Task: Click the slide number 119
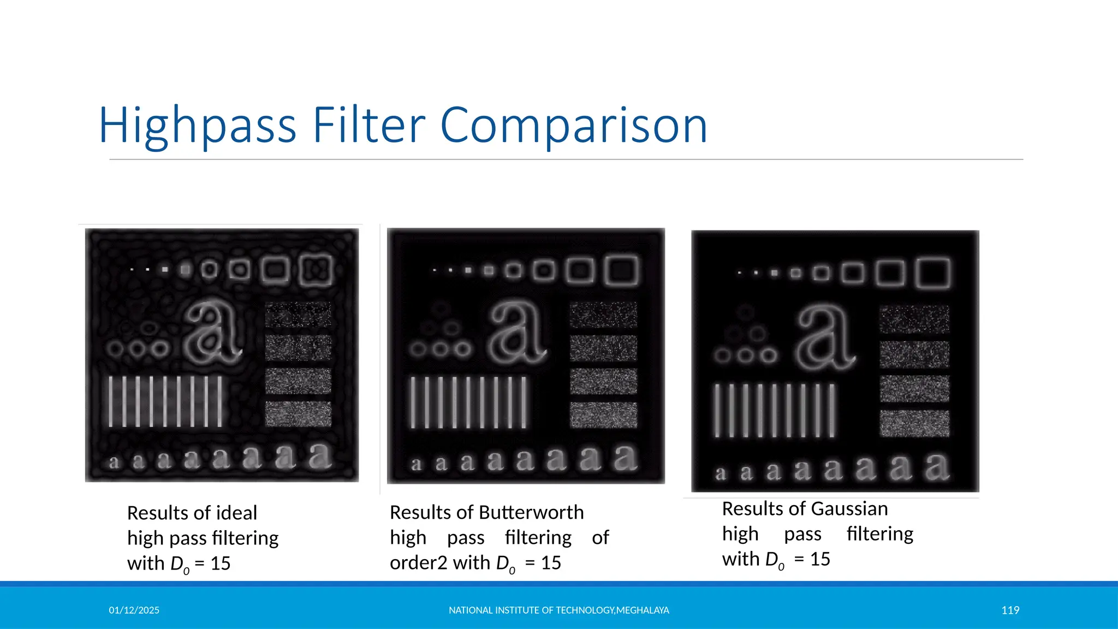1010,610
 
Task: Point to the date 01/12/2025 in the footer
134,610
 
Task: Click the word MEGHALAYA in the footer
643,610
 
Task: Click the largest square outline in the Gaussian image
933,273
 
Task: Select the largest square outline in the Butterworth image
621,270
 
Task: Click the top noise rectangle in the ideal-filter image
298,314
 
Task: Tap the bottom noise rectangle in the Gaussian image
914,423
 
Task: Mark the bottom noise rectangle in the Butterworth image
603,415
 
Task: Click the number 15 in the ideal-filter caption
220,563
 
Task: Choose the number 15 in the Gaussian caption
820,559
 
